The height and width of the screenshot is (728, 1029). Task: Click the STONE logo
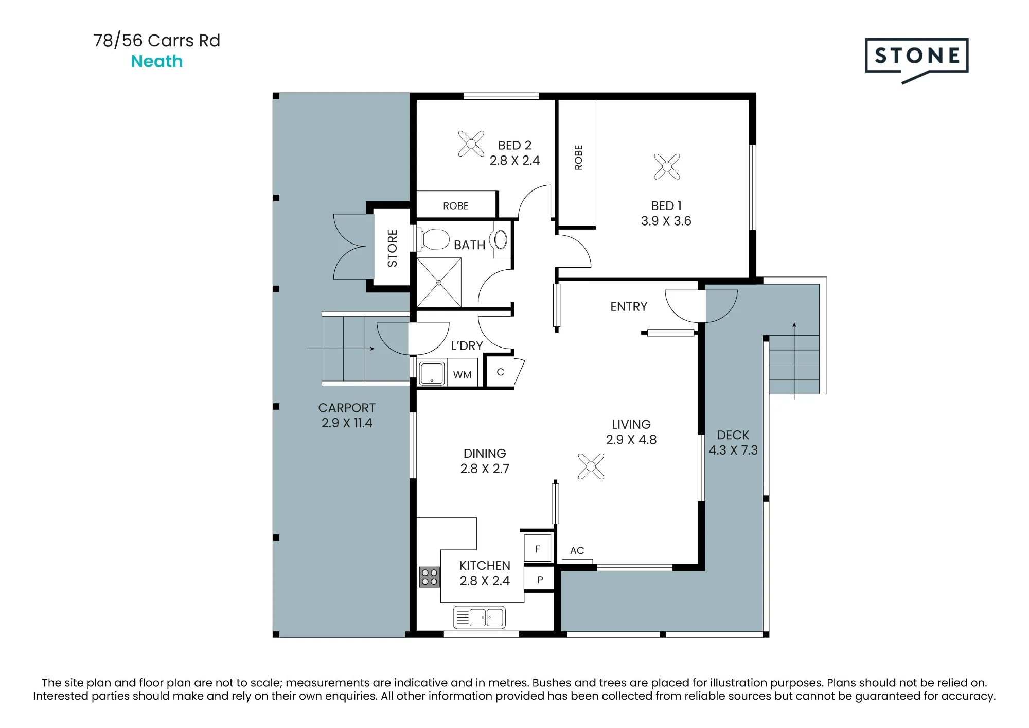coord(916,60)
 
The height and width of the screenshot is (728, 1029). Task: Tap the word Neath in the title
coord(157,61)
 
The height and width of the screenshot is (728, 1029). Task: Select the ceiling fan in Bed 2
coord(471,144)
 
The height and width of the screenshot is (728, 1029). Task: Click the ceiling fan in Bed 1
coord(667,166)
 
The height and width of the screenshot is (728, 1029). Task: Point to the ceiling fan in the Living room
coord(591,466)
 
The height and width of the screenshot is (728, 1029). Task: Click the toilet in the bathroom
coord(432,239)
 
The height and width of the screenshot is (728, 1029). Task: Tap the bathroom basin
coord(501,239)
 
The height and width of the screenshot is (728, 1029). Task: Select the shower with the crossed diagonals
coord(439,283)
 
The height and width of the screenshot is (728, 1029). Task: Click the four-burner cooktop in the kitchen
coord(429,577)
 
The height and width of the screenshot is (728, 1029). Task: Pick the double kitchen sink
coord(480,617)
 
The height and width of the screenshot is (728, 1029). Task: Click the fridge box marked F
coord(538,548)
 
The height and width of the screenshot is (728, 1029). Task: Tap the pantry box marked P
coord(540,579)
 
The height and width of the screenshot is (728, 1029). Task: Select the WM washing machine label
coord(462,375)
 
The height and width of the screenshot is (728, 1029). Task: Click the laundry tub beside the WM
coord(432,373)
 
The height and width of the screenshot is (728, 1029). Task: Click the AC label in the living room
coord(577,550)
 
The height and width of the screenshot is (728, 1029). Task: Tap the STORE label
coord(392,248)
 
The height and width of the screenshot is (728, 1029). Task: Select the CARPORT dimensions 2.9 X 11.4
coord(347,423)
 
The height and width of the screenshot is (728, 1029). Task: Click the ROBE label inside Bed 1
coord(578,158)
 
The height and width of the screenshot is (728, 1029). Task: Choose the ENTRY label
coord(629,307)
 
